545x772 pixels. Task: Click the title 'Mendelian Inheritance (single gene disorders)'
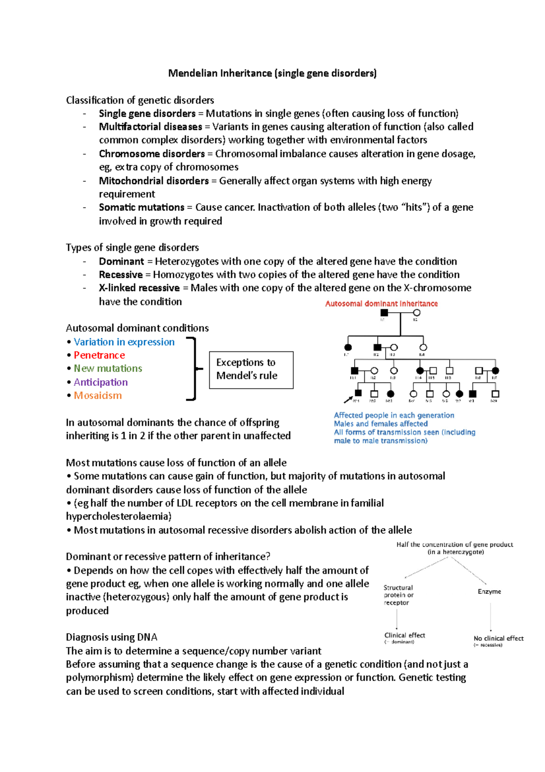pos(272,73)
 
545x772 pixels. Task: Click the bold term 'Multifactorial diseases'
pos(150,127)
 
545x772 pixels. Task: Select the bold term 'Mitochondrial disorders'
pos(154,181)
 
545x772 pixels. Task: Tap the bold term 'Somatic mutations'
pos(142,207)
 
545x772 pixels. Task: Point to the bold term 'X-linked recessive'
pos(139,288)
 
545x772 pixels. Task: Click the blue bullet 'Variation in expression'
pos(124,342)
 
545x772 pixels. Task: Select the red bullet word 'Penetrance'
pos(99,355)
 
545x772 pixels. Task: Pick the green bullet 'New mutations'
pos(108,368)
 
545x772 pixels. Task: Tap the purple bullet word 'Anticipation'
pos(100,382)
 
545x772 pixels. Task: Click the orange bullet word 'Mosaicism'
pos(98,396)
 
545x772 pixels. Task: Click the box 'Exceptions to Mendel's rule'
pos(251,370)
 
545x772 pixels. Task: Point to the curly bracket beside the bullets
pos(194,369)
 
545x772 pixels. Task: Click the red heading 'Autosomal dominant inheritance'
pos(381,304)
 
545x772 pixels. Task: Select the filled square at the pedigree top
pos(384,313)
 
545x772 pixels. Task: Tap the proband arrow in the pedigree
pos(348,400)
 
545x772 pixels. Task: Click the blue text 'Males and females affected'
pos(381,424)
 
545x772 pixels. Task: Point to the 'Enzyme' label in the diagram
pos(489,592)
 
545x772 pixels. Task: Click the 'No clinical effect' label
pos(498,638)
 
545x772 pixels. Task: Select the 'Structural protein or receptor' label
pos(398,595)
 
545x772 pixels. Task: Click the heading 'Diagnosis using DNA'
pos(111,637)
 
